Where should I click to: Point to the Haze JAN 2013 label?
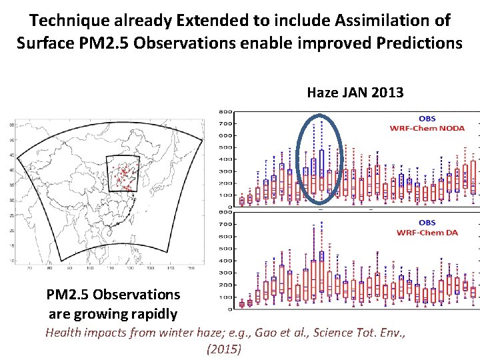(x=355, y=93)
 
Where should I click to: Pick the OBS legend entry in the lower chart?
(x=427, y=223)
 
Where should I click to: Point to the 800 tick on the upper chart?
(x=227, y=111)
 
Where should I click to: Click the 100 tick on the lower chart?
(x=227, y=297)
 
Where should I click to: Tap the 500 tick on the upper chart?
(x=227, y=147)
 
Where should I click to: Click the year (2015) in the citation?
(x=224, y=349)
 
